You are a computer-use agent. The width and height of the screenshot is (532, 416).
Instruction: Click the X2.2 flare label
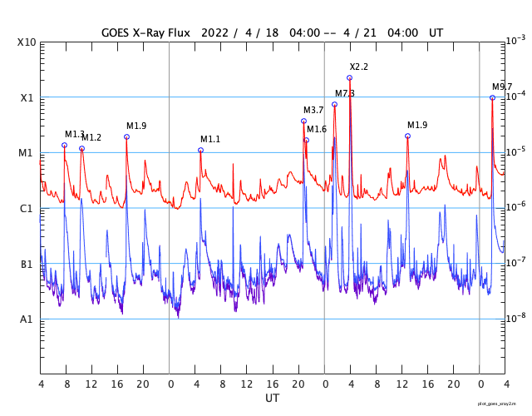[x=358, y=67]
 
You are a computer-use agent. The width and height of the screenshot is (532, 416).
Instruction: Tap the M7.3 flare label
[x=345, y=93]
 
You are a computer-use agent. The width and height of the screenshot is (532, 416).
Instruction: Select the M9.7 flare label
[x=502, y=87]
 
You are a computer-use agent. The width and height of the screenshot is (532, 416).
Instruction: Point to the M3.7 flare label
[x=313, y=110]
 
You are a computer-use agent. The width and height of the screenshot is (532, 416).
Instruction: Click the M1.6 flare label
[x=317, y=129]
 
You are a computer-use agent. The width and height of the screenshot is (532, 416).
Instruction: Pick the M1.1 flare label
[x=210, y=139]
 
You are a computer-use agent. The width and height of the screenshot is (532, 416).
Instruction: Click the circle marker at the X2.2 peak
[x=349, y=77]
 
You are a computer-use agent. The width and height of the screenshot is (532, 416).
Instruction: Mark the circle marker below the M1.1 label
[x=200, y=150]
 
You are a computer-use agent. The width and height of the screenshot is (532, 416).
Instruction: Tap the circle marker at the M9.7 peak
[x=492, y=97]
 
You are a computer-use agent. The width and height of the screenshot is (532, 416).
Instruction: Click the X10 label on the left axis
[x=27, y=42]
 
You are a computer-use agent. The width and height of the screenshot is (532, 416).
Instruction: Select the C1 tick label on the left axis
[x=27, y=208]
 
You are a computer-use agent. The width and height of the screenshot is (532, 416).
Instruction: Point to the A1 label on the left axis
[x=27, y=319]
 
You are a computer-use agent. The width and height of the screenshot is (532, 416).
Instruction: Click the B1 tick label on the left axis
[x=27, y=265]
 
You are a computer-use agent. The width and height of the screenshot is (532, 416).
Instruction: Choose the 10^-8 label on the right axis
[x=516, y=318]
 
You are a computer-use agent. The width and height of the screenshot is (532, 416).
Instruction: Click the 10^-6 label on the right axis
[x=516, y=206]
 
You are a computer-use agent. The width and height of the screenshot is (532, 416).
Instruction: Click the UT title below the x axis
[x=273, y=399]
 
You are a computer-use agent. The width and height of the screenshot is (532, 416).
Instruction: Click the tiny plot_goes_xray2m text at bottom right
[x=503, y=404]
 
